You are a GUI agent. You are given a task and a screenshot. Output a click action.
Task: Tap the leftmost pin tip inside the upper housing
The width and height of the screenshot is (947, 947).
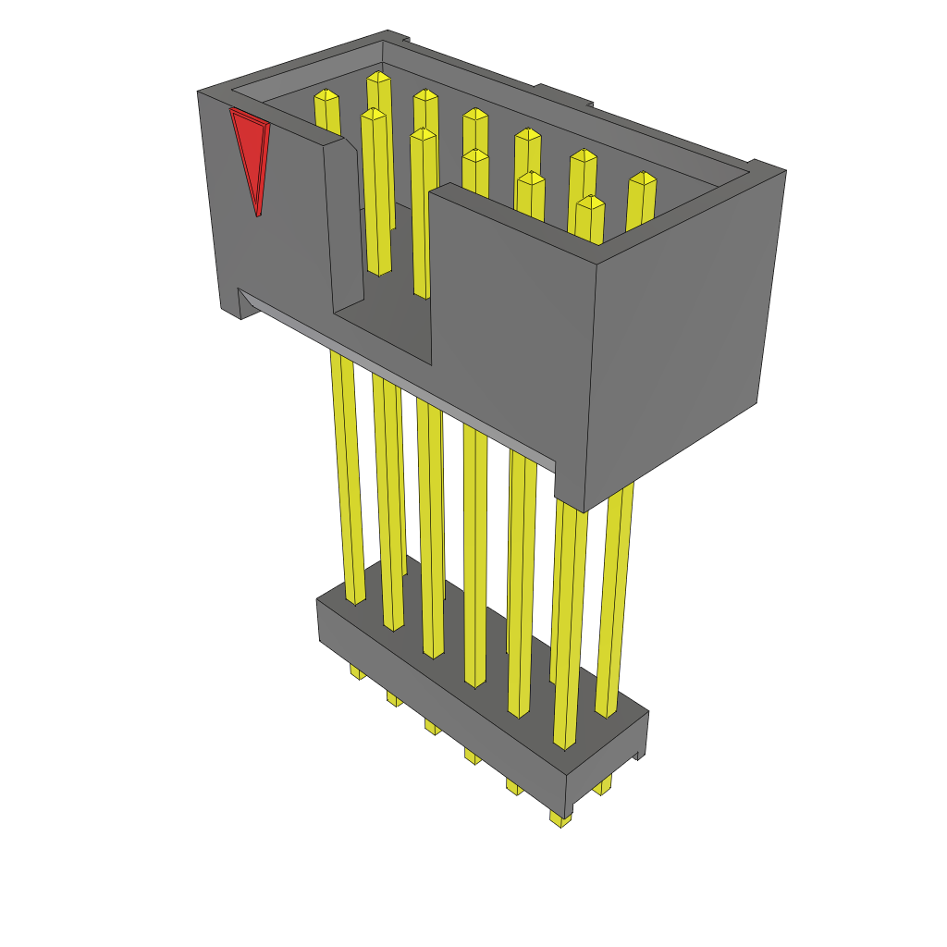coord(326,96)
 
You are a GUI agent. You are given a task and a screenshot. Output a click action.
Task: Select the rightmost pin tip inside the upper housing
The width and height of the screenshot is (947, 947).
coord(642,179)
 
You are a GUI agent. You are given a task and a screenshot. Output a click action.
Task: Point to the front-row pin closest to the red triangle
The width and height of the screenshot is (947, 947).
coord(373,116)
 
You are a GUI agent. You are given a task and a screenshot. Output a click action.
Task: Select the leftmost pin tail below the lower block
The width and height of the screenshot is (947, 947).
coord(356,671)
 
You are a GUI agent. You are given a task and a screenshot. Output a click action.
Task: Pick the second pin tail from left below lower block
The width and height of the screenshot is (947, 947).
coord(394,698)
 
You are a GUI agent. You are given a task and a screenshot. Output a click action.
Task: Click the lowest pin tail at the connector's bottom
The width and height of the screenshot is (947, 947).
coord(560,818)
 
